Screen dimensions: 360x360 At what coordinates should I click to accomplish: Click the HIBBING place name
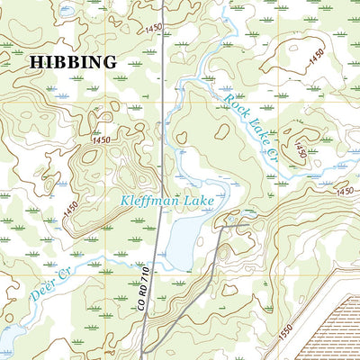pyautogui.click(x=73, y=62)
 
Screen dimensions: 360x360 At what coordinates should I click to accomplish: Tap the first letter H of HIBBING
pyautogui.click(x=37, y=62)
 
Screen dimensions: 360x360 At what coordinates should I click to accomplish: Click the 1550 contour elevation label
pyautogui.click(x=286, y=335)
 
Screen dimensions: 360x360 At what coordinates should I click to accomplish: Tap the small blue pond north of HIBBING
pyautogui.click(x=65, y=12)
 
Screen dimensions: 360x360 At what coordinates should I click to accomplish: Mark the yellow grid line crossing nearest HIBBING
pyautogui.click(x=115, y=77)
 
